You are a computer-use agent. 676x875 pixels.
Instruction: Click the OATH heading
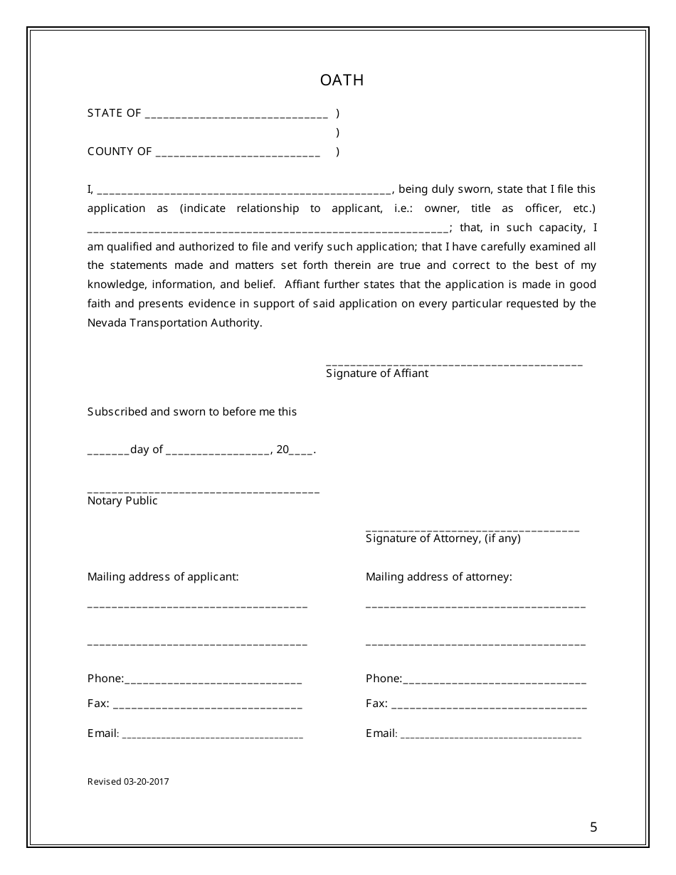point(342,80)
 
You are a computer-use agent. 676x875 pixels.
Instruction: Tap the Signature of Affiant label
point(377,373)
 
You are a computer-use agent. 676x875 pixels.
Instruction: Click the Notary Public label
point(122,501)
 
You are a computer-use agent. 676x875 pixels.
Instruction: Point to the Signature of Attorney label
point(443,539)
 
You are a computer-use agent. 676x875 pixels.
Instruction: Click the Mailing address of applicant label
point(163,577)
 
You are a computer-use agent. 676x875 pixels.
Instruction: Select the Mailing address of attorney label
point(438,577)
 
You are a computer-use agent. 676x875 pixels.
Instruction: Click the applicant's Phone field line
point(213,682)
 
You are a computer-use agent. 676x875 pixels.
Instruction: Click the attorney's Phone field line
point(495,682)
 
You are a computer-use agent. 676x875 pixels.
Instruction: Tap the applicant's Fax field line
point(207,706)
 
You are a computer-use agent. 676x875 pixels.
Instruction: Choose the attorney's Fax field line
point(489,706)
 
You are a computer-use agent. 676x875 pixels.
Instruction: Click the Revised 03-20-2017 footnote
point(128,782)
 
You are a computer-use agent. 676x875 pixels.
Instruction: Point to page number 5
point(593,827)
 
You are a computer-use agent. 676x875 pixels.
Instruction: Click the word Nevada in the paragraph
point(105,323)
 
